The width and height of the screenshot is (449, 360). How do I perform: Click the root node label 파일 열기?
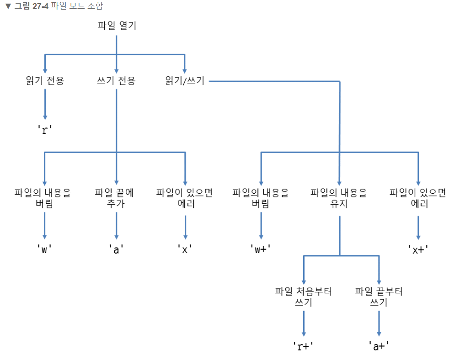117,26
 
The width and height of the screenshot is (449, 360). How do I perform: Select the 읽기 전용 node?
45,81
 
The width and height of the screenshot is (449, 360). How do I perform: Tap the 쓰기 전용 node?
116,81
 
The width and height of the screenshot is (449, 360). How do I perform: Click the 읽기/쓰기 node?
185,81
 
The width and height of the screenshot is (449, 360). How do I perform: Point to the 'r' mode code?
45,129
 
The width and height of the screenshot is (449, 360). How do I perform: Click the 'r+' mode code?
304,346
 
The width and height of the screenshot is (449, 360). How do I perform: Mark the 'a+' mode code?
379,346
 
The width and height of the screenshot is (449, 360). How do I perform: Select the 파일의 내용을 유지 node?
339,198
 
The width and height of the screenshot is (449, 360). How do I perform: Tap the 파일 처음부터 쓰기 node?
304,297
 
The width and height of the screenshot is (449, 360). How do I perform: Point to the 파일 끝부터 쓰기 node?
379,297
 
